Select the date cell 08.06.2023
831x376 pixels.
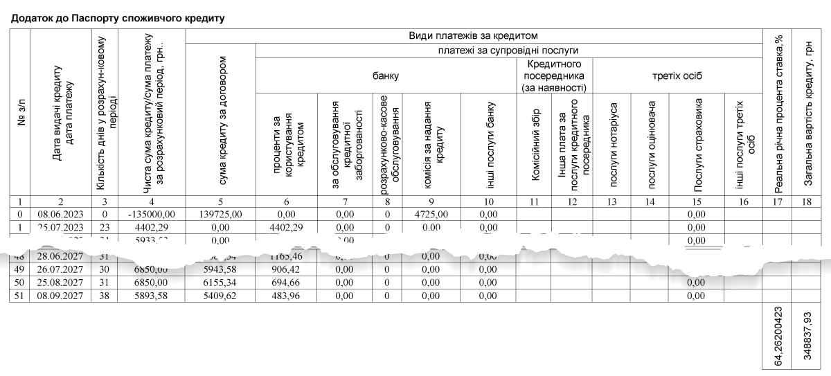[x=61, y=215]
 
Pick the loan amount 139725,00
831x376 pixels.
[x=220, y=215]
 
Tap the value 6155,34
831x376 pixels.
[x=220, y=283]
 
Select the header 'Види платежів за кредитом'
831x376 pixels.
[x=474, y=35]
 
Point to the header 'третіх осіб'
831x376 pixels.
[x=677, y=76]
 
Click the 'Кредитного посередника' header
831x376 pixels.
[x=553, y=75]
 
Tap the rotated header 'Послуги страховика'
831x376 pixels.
[x=698, y=144]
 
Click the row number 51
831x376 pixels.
[x=20, y=296]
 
